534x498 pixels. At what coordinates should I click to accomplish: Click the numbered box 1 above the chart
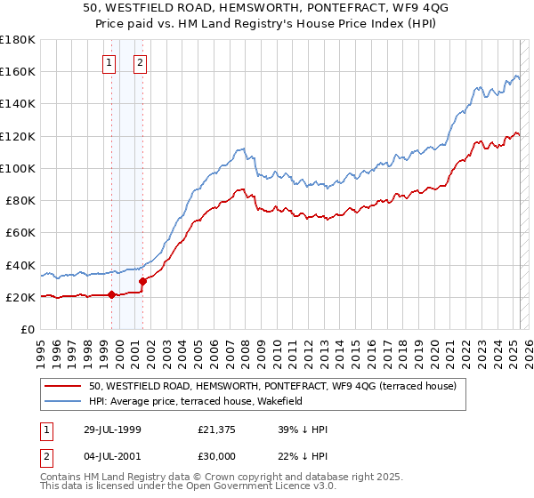coord(109,62)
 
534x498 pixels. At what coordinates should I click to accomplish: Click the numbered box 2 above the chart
coord(141,62)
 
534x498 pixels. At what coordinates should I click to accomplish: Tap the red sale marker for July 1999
coord(112,295)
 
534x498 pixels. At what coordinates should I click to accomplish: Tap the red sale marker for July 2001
coord(142,281)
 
